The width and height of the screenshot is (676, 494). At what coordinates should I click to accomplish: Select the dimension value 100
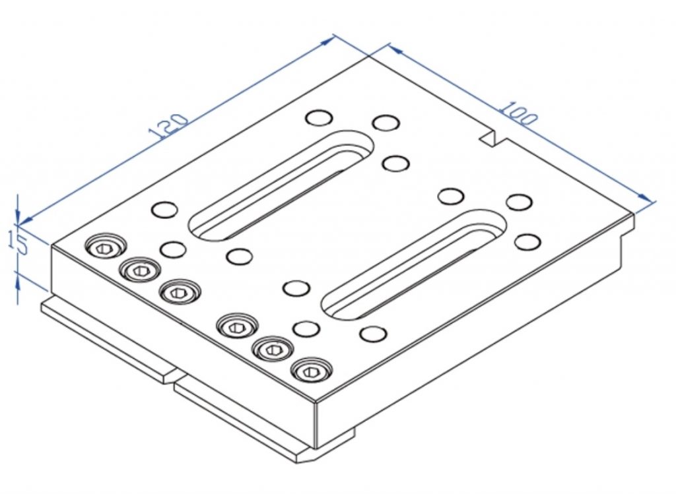518,113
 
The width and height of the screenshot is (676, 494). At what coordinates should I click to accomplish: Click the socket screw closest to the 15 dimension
105,247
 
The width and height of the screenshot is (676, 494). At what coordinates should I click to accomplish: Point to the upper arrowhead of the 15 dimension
19,217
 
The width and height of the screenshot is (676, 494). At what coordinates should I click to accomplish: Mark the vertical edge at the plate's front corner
318,425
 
